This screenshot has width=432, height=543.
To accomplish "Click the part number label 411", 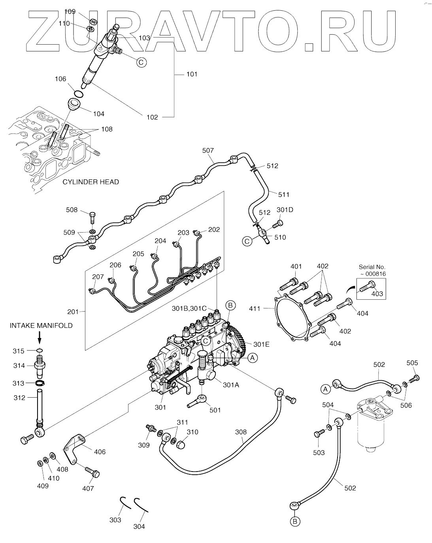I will [255, 308].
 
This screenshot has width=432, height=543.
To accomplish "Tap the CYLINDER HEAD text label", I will [91, 182].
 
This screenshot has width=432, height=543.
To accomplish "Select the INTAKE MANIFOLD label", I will [41, 325].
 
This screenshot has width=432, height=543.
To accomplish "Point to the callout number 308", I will [241, 432].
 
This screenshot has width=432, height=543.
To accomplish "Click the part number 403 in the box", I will [377, 294].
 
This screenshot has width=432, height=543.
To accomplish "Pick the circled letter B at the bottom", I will [295, 522].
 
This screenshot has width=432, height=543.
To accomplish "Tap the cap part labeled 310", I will [180, 445].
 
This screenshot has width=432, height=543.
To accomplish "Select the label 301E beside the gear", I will [261, 344].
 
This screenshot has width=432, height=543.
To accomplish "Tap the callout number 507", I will [208, 150].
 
